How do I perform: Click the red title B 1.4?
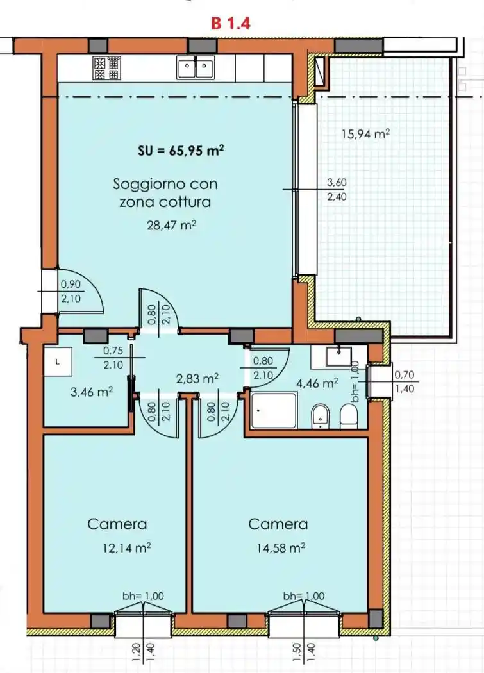(x=231, y=23)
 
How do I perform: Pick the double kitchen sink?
(x=195, y=66)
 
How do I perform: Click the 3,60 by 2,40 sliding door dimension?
(x=336, y=189)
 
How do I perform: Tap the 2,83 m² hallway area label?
(x=197, y=379)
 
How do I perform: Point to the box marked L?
(x=58, y=361)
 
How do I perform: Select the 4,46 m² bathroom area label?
(x=317, y=384)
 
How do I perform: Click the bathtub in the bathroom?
(x=274, y=410)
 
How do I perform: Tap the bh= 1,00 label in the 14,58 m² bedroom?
(x=303, y=596)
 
